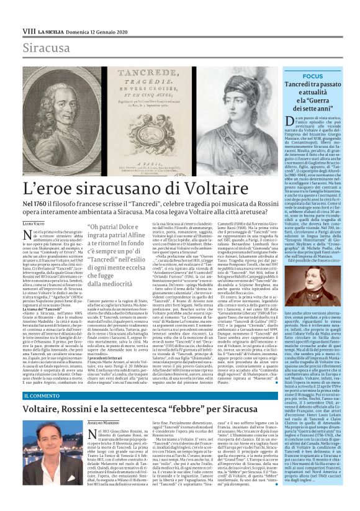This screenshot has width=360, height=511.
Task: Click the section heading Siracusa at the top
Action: pyautogui.click(x=43, y=47)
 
